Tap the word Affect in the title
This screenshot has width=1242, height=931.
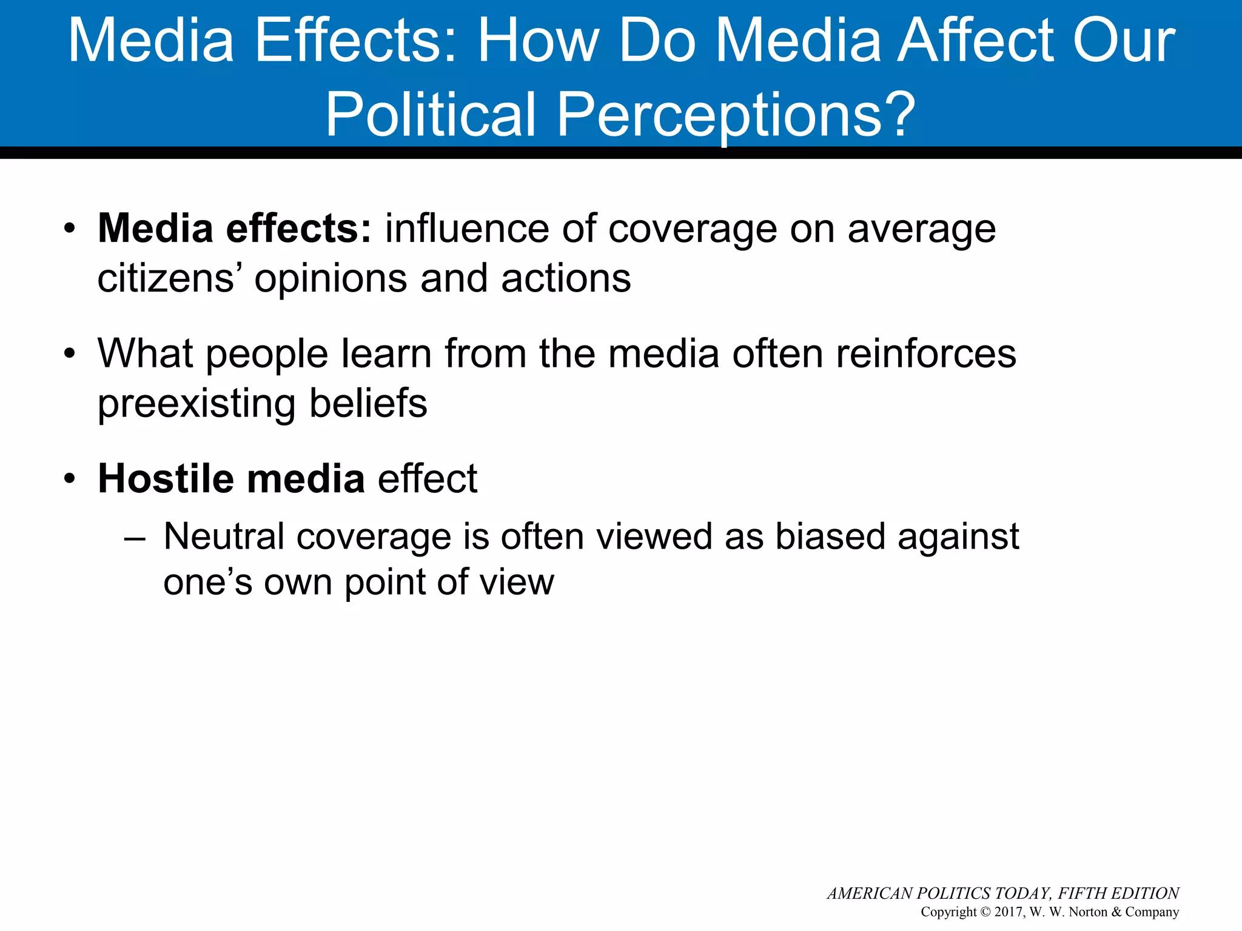(976, 41)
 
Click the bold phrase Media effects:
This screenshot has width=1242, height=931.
(235, 229)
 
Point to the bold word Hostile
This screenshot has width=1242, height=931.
(166, 479)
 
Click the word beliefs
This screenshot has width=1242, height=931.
(368, 404)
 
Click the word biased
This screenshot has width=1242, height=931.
(830, 537)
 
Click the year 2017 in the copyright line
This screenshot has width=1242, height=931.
(1008, 912)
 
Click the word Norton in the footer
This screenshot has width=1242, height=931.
(1088, 912)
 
